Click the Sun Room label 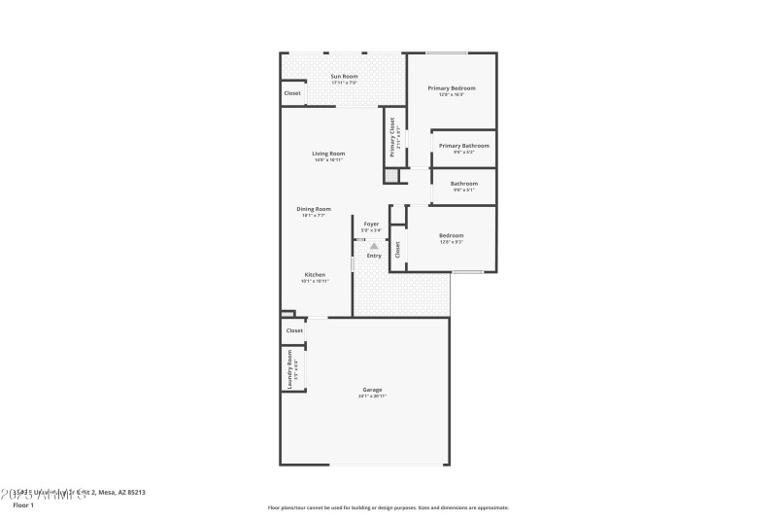click(x=344, y=76)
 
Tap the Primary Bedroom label click(x=452, y=87)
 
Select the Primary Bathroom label click(x=463, y=146)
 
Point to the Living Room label click(x=328, y=154)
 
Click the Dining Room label click(x=314, y=209)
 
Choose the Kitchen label click(x=315, y=275)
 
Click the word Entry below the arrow click(x=374, y=256)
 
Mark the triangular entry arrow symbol click(x=374, y=246)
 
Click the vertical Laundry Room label click(x=289, y=370)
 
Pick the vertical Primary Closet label click(x=392, y=137)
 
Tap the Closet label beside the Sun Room click(x=292, y=93)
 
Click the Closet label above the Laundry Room click(x=294, y=330)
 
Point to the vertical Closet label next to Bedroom click(x=397, y=250)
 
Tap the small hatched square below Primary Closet click(x=390, y=176)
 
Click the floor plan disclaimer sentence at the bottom click(x=388, y=507)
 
